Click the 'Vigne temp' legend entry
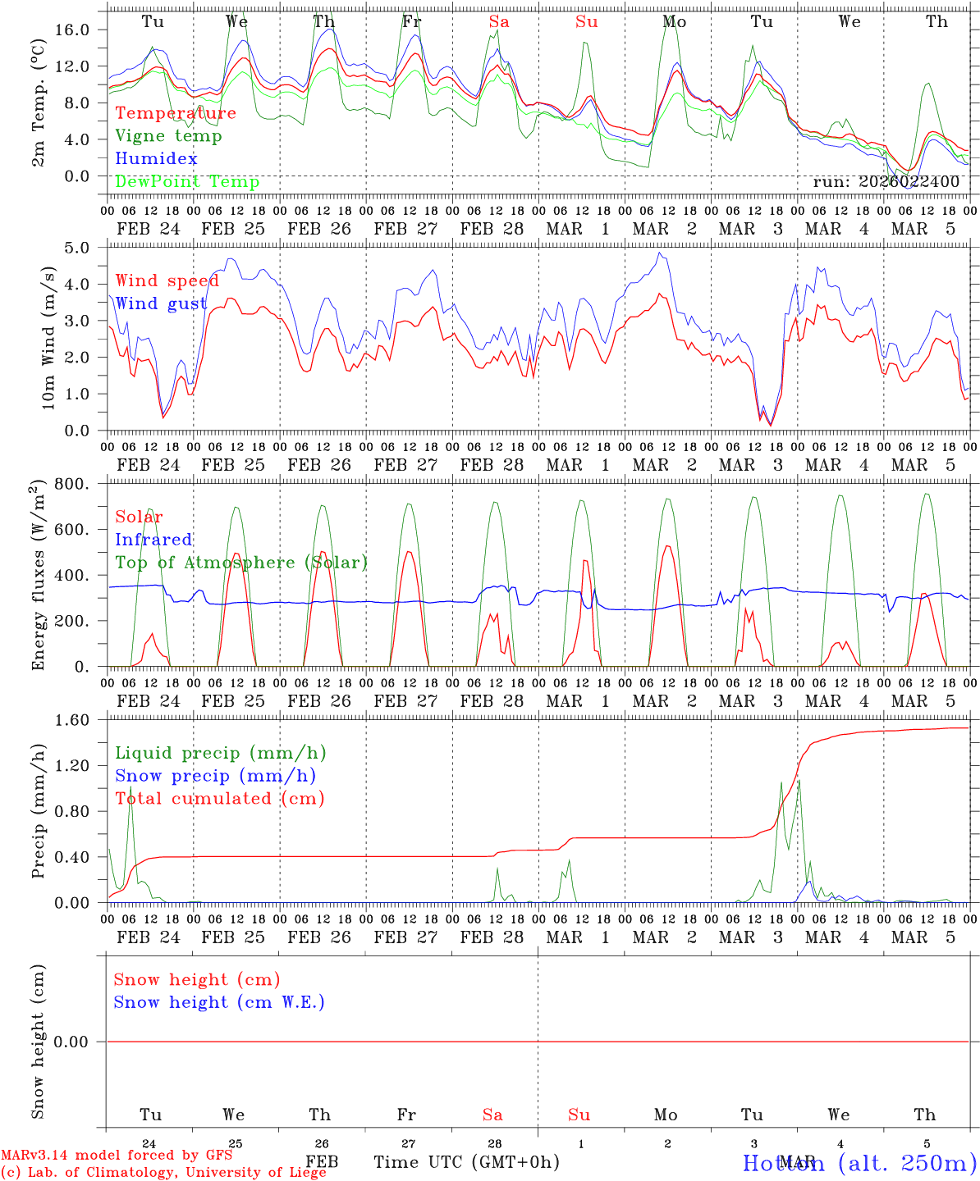click(168, 136)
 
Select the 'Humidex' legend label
click(156, 159)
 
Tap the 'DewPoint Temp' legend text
click(187, 182)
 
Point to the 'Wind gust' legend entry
click(161, 303)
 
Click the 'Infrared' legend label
click(153, 540)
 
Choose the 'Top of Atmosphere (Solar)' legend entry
click(240, 563)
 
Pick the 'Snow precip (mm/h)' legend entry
click(215, 776)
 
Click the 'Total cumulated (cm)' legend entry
click(219, 799)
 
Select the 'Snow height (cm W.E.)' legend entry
click(219, 1002)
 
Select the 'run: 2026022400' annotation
click(886, 182)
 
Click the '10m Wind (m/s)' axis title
click(48, 336)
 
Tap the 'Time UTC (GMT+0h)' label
click(466, 1162)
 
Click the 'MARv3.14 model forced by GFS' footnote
click(116, 1156)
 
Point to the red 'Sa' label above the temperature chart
click(499, 22)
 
